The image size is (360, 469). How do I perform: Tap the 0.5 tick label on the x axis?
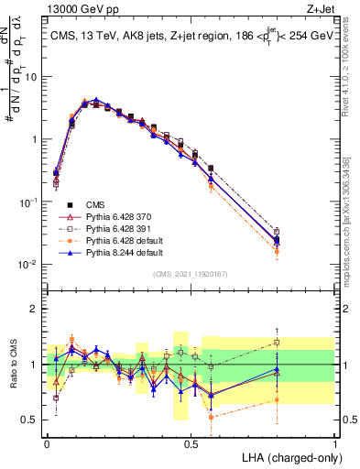191,442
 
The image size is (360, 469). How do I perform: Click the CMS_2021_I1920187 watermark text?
191,273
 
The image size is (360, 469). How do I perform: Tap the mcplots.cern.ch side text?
352,229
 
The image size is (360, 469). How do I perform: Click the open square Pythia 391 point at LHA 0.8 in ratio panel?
278,343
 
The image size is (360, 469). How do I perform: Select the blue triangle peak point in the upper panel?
96,100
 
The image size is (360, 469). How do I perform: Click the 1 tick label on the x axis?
334,442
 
